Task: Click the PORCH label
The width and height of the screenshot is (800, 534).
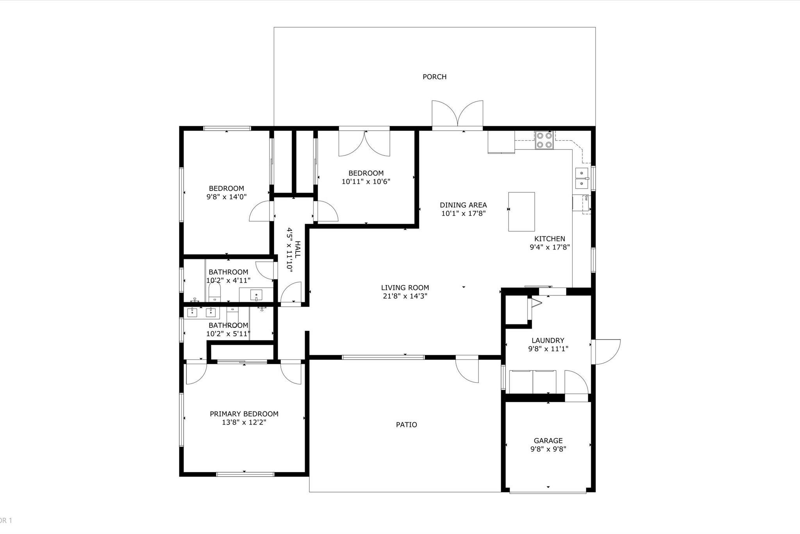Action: pyautogui.click(x=434, y=77)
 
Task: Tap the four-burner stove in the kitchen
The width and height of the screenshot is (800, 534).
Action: pyautogui.click(x=544, y=140)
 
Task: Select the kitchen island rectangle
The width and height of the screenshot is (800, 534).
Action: pyautogui.click(x=521, y=212)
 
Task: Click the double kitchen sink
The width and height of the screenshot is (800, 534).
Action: pyautogui.click(x=582, y=178)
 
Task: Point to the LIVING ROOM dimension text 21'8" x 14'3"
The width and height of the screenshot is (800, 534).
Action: pyautogui.click(x=405, y=296)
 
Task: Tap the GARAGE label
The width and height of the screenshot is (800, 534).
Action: pyautogui.click(x=548, y=441)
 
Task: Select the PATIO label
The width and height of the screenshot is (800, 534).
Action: pyautogui.click(x=406, y=424)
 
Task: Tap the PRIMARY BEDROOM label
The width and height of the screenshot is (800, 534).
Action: pyautogui.click(x=244, y=414)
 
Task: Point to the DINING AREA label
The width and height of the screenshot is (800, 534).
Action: pyautogui.click(x=463, y=205)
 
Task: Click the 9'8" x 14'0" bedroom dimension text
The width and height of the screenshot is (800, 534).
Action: pyautogui.click(x=227, y=197)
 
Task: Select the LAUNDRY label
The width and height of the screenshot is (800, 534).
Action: pyautogui.click(x=548, y=340)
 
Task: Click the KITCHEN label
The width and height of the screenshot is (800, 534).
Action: pyautogui.click(x=550, y=239)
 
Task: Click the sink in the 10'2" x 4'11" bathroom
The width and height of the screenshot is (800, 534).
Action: pyautogui.click(x=256, y=295)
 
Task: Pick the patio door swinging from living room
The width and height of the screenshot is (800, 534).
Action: pyautogui.click(x=467, y=370)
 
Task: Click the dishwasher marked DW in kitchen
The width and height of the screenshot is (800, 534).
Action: pyautogui.click(x=586, y=204)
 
